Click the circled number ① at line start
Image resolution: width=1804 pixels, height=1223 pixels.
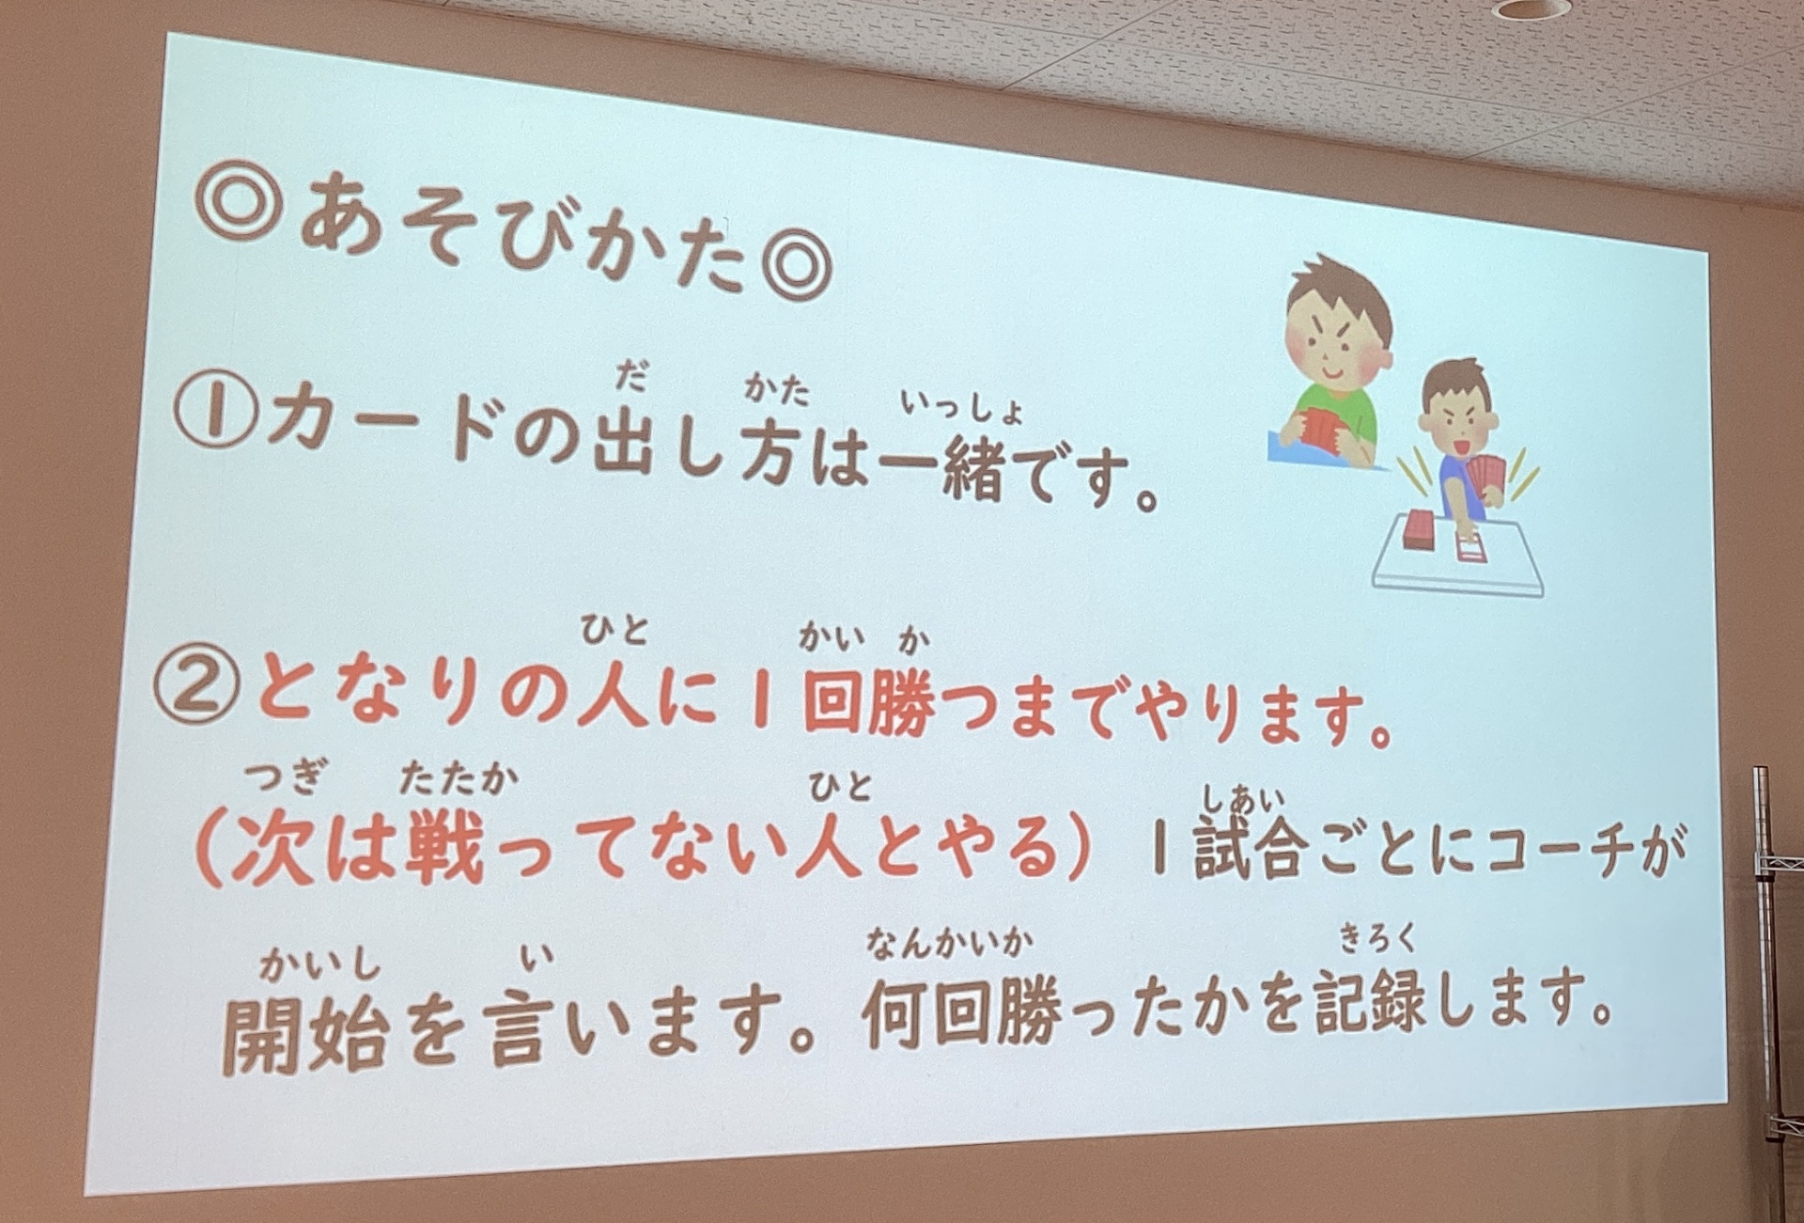pyautogui.click(x=214, y=414)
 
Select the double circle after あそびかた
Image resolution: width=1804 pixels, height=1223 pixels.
pyautogui.click(x=797, y=266)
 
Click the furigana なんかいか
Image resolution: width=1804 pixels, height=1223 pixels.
pyautogui.click(x=950, y=940)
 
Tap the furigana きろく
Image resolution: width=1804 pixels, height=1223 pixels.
pyautogui.click(x=1377, y=938)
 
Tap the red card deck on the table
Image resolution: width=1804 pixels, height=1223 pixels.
pyautogui.click(x=1418, y=531)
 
